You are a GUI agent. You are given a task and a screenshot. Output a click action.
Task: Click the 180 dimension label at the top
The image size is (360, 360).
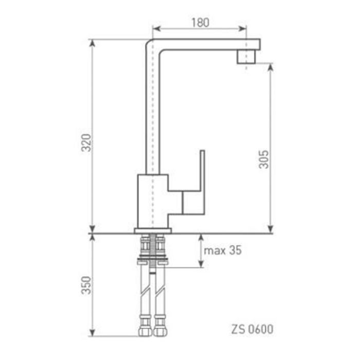200,22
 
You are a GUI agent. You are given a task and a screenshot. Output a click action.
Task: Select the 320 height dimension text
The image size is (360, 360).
86,143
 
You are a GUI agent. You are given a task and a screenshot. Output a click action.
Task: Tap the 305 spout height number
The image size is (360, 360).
263,159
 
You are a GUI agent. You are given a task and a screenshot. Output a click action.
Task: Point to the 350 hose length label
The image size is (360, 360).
86,285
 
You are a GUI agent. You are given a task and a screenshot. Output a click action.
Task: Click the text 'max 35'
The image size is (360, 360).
223,250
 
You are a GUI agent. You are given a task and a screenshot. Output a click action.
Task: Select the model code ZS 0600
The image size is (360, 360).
252,329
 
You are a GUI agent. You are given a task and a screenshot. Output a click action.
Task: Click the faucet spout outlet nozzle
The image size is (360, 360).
246,57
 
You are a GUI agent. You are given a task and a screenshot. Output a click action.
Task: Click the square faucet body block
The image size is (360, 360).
153,202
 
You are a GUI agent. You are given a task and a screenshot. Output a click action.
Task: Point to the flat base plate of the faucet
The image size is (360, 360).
153,231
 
